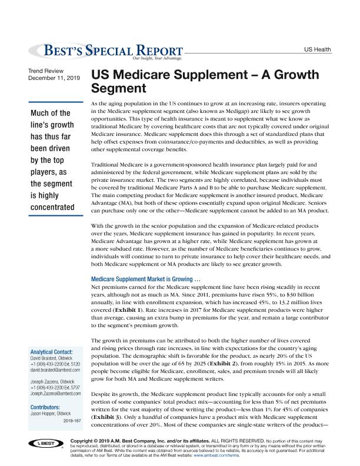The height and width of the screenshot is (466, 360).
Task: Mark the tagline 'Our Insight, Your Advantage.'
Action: [157, 59]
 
